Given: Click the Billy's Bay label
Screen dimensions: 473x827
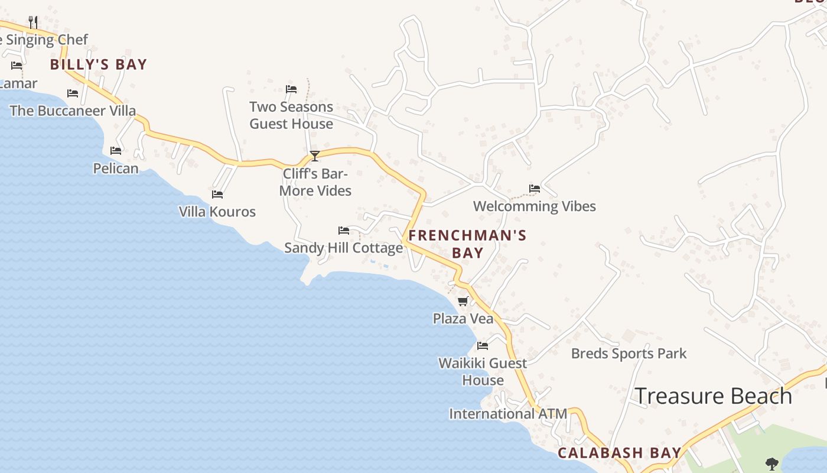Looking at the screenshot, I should point(98,64).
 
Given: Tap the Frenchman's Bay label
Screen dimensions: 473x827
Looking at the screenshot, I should point(467,244).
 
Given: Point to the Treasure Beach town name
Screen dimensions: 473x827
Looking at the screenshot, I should point(713,396).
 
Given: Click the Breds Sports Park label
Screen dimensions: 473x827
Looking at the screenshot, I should point(629,354).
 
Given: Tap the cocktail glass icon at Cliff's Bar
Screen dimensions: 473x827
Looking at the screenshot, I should point(315,156).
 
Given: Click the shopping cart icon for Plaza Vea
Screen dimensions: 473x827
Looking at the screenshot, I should point(463,302).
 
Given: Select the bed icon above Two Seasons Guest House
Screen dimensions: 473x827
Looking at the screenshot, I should point(291,89).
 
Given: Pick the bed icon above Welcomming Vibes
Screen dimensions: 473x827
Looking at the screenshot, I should point(535,189).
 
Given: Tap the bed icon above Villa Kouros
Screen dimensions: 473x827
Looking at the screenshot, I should point(217,194).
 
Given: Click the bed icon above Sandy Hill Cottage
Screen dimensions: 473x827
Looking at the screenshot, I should point(344,230).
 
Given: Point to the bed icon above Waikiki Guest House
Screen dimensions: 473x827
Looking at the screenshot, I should point(483,345).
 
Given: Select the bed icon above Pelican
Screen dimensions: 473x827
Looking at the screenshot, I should point(116,151).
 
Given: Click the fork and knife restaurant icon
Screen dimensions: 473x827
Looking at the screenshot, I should point(33,22).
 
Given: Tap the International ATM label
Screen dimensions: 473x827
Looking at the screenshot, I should point(508,414).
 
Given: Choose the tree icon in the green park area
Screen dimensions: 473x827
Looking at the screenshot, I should point(771,463).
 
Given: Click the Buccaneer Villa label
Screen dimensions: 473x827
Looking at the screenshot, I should point(73,111).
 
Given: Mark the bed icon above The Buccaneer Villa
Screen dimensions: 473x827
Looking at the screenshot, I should point(73,93).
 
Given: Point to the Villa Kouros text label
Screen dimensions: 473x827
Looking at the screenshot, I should point(217,212).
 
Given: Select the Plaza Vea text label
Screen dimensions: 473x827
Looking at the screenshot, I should point(463,319).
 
